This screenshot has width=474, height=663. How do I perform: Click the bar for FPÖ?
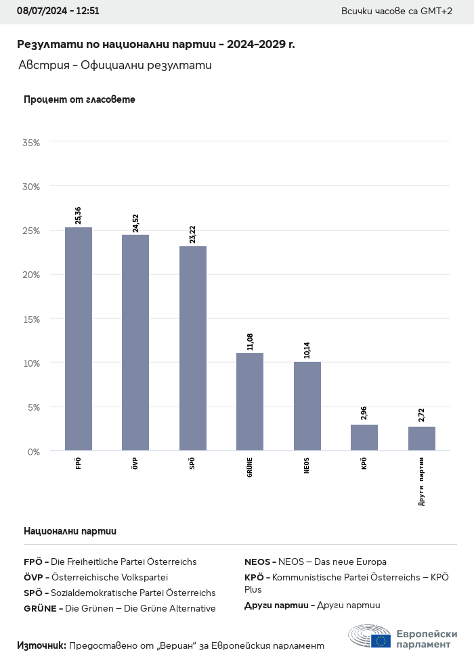pos(79,338)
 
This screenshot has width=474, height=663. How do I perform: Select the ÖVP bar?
pos(135,342)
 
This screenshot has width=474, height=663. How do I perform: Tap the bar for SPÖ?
pos(193,348)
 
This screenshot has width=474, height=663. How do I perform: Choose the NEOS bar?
pos(307,406)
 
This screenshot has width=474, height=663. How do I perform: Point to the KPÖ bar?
pos(364,437)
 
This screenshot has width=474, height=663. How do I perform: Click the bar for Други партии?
pos(422,438)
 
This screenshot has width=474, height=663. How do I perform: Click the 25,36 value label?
pos(79,214)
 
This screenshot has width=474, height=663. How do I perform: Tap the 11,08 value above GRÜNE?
pos(251,341)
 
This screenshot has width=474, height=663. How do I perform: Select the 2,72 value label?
pos(422,415)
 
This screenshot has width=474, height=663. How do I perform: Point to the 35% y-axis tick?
pos(31,143)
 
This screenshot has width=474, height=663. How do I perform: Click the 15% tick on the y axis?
pos(31,319)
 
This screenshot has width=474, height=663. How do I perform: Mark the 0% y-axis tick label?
pos(33,451)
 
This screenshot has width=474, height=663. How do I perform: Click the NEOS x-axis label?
pos(307,465)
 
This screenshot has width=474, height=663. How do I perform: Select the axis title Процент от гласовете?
pos(79,99)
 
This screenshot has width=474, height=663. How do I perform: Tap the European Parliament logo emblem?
pos(370,637)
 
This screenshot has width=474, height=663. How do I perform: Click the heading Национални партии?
pos(70,531)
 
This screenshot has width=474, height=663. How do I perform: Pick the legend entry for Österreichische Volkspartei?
pos(95,577)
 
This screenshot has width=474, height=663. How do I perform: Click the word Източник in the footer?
pos(41,645)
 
